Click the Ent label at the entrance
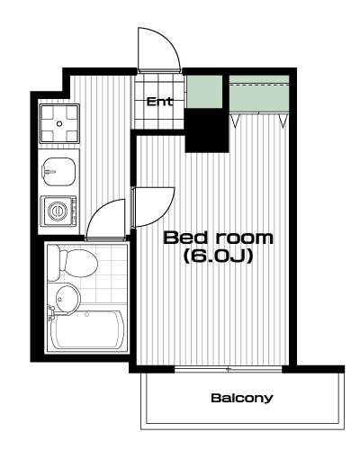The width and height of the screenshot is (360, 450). (x=159, y=102)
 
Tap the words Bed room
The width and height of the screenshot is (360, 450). (x=218, y=238)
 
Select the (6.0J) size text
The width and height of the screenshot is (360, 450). (x=218, y=256)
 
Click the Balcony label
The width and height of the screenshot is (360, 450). (x=242, y=398)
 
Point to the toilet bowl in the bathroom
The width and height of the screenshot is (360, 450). (x=78, y=263)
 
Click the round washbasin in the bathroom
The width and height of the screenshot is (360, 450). (x=67, y=299)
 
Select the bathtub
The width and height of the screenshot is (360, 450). (x=87, y=329)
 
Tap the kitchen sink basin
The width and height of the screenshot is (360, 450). (x=58, y=172)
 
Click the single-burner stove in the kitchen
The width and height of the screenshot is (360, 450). (x=59, y=123)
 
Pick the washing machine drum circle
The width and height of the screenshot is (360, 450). (x=57, y=211)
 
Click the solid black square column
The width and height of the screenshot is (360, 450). (x=207, y=130)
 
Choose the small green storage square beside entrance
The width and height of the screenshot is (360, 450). (x=204, y=92)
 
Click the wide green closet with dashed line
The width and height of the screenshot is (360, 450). (x=259, y=94)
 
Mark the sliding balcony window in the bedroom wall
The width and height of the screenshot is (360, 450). (x=229, y=369)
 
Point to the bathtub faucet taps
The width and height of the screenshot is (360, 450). (x=51, y=312)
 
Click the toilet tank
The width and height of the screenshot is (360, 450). (x=53, y=263)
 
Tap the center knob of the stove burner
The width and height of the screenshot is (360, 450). (x=59, y=123)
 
